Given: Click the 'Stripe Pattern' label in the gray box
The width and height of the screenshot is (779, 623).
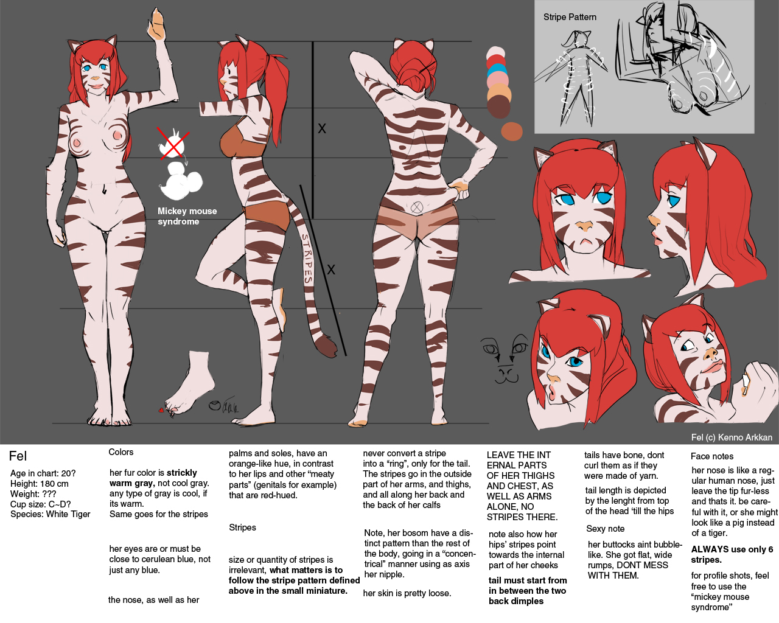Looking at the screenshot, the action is (x=570, y=17).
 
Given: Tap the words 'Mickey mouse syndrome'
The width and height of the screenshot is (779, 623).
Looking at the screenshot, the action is (x=187, y=216).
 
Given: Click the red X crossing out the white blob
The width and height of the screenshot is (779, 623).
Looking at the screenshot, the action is (x=173, y=143).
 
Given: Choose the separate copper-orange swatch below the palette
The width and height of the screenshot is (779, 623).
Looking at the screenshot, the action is (x=512, y=131).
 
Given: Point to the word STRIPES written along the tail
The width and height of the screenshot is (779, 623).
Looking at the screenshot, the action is (x=307, y=259).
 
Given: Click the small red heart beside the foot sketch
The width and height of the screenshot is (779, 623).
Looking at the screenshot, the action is (x=161, y=410).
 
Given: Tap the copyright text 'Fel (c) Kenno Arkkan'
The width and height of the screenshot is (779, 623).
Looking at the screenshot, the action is (x=732, y=437).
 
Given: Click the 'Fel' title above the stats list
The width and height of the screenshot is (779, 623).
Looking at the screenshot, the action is (x=18, y=456).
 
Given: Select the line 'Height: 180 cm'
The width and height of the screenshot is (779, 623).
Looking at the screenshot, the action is (x=39, y=484).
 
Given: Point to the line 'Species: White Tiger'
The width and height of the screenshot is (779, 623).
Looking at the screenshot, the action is (x=51, y=514).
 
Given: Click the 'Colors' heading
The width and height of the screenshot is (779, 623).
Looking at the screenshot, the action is (x=121, y=452).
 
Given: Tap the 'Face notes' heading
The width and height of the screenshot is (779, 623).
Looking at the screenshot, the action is (x=711, y=456).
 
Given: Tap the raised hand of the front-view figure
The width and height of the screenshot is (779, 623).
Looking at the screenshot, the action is (x=156, y=24).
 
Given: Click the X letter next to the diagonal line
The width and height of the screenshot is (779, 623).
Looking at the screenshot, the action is (x=331, y=270).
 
